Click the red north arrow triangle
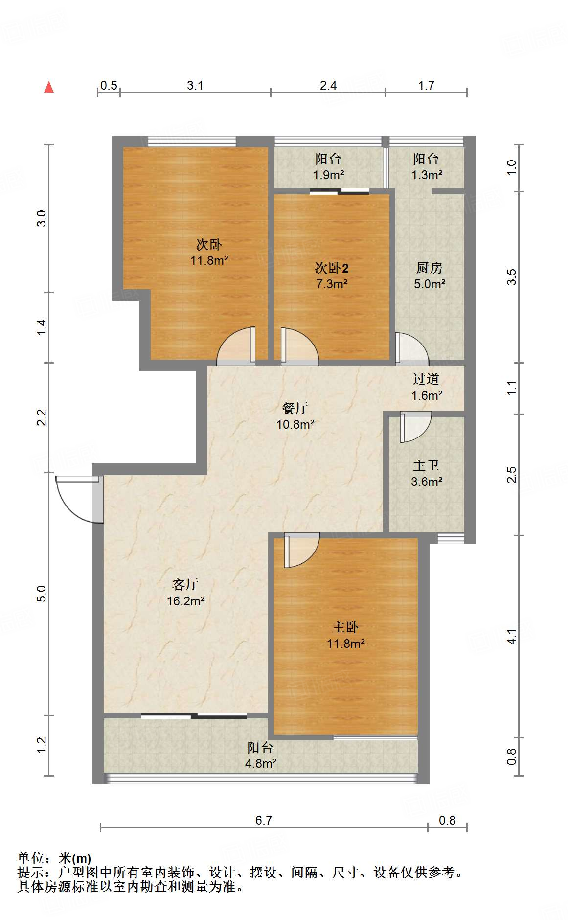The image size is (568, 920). pos(49,87)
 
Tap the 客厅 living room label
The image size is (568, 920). pos(185,584)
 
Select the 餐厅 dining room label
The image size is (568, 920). pos(295,408)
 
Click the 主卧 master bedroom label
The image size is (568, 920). pos(345,627)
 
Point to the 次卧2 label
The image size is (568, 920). pos(332,268)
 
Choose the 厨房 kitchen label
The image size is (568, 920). pos(430,268)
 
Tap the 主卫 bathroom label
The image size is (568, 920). pos(426,465)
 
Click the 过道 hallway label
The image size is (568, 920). pos(426,379)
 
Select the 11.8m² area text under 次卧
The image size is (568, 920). pos(209,260)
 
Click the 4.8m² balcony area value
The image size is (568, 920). pos(261,763)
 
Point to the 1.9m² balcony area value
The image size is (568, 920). pos(329,175)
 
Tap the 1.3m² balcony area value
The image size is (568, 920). pos(427,175)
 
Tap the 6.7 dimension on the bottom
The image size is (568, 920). pos(263,820)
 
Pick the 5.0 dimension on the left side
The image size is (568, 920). pos(42,594)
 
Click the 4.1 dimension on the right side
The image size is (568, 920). pos(511,636)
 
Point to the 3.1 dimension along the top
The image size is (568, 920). pos(195,85)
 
